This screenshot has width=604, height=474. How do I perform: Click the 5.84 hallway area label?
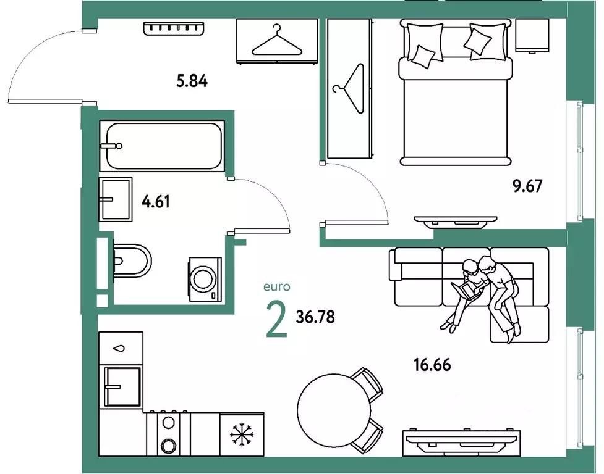coord(192,81)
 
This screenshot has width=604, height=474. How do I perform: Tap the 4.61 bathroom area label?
coord(156,201)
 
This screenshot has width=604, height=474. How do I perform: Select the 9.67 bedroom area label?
coord(527,186)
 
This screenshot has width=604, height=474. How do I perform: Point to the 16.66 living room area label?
coord(432,365)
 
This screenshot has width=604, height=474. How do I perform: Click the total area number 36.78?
coord(315,317)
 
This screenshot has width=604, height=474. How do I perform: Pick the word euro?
coord(276,287)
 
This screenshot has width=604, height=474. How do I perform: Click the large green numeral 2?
coord(277,319)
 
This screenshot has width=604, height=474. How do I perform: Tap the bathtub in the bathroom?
coord(162,146)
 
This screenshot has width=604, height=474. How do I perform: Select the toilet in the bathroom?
coord(132,261)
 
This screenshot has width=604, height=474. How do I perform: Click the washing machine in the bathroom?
coord(205,279)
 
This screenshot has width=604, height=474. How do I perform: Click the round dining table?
coord(334,410)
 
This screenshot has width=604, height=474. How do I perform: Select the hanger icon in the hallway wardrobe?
coord(277,41)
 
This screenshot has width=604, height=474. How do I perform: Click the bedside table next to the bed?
coord(532,35)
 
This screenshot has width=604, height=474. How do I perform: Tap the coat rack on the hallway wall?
coord(173,28)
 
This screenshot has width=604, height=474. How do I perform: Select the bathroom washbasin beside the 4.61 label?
coord(116,199)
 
